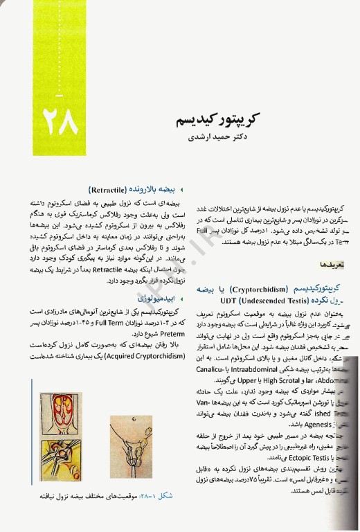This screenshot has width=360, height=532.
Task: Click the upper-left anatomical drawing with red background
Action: (x=64, y=412)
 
